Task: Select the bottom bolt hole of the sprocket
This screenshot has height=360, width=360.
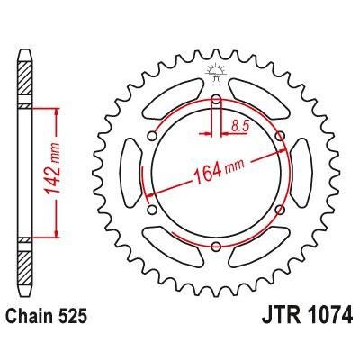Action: pos(216,247)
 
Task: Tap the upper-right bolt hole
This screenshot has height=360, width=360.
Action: pos(280,136)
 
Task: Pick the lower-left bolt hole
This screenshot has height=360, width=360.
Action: pos(152,210)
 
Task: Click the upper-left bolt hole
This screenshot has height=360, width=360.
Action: pos(152,136)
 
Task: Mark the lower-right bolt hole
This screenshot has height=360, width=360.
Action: pos(280,210)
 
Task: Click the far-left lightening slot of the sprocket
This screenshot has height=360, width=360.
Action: pos(129,173)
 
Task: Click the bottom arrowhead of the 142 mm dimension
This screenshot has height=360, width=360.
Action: pos(59,236)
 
